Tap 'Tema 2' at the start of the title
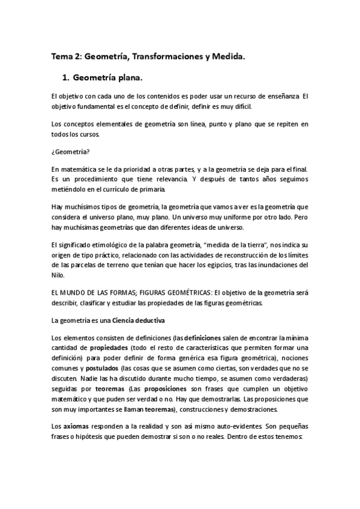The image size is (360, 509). [65, 57]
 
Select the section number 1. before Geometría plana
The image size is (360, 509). [66, 78]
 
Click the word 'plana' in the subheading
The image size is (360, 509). [130, 78]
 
